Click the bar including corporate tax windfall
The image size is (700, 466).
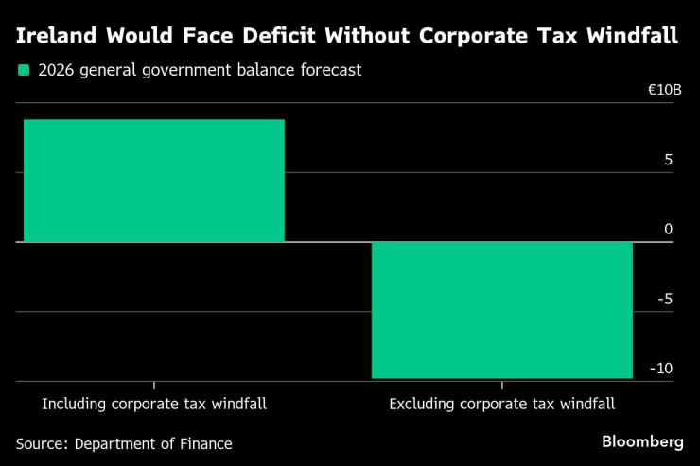[x=153, y=181]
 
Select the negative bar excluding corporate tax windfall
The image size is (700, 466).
[x=501, y=310]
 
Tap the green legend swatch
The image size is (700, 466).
[x=24, y=70]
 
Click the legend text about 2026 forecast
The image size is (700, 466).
[x=200, y=70]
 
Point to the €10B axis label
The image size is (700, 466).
[x=664, y=90]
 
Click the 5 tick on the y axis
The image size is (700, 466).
[x=668, y=160]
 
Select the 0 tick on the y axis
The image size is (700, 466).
[x=668, y=230]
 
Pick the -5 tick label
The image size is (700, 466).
[x=664, y=299]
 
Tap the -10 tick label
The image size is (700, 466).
[x=661, y=369]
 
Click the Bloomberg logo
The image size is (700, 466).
[x=642, y=441]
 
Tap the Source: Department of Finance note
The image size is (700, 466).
[x=124, y=443]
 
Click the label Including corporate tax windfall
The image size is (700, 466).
[x=154, y=404]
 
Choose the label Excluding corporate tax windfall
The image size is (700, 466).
[x=501, y=404]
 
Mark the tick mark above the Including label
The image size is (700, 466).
[x=154, y=386]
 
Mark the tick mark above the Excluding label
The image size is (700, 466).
[x=501, y=386]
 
